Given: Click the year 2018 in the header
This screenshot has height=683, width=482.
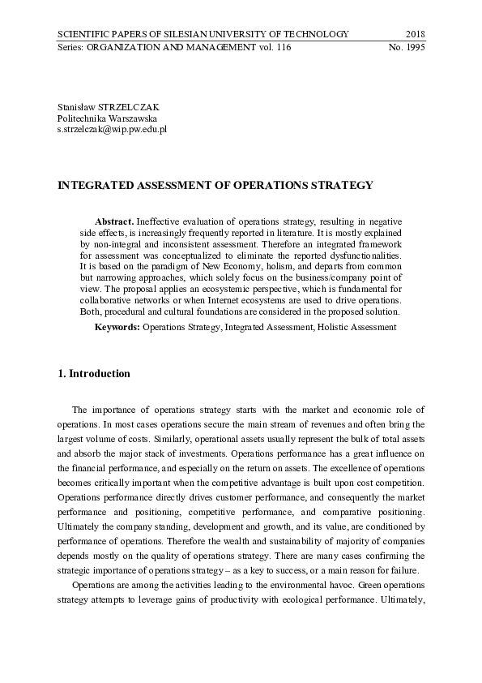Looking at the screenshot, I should [x=414, y=34].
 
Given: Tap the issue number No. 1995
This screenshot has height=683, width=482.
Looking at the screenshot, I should [x=407, y=48].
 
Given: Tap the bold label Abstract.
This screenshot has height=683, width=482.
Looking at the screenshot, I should [x=114, y=221].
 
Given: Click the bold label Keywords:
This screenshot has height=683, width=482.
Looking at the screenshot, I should [x=117, y=327].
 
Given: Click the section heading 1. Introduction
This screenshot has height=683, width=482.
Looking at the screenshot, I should [x=94, y=374].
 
